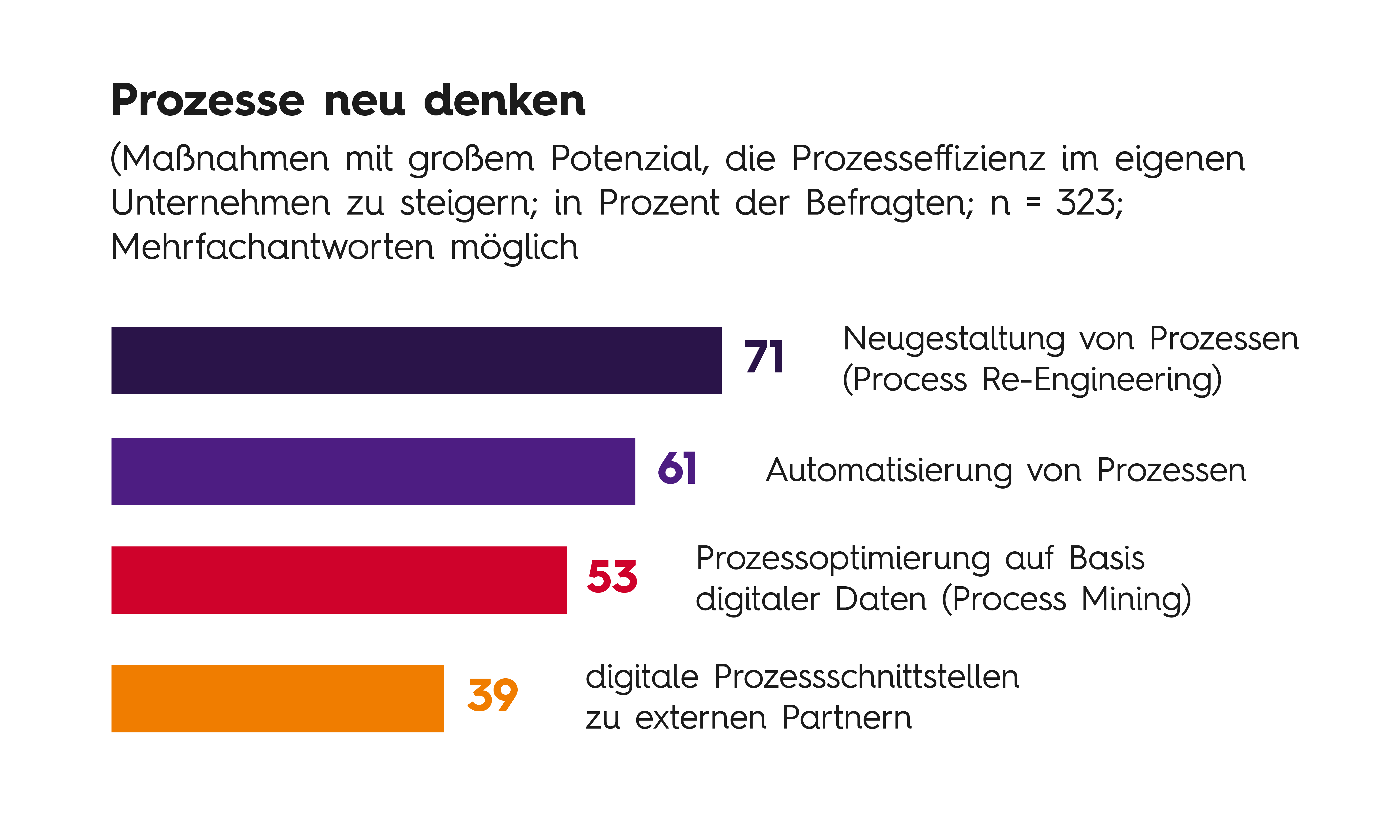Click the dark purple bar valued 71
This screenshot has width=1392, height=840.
(416, 360)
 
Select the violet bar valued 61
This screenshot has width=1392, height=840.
(373, 472)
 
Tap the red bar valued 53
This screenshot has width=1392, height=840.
(339, 580)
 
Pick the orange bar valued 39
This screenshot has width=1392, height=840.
(277, 699)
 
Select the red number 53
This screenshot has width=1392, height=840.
(612, 577)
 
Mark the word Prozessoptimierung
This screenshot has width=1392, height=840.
(843, 558)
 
